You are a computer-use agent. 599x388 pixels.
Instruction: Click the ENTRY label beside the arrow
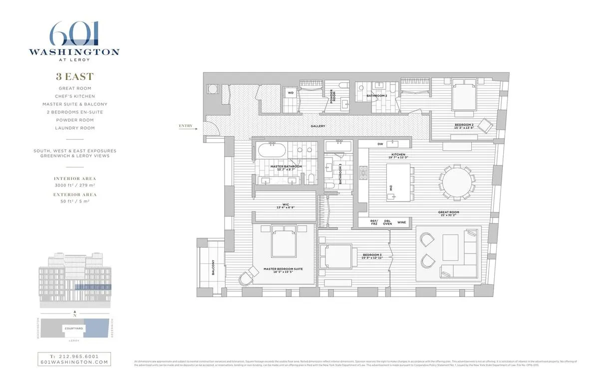click(x=185, y=126)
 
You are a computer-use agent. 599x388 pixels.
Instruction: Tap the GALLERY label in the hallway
click(x=317, y=126)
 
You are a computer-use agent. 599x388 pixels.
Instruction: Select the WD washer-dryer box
click(x=290, y=92)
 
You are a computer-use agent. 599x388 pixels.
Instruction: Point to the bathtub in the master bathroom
click(x=272, y=150)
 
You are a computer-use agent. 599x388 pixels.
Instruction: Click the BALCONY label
click(x=213, y=268)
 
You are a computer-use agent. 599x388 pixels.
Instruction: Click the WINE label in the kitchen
click(x=401, y=221)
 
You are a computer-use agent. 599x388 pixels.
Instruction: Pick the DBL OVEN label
click(x=387, y=222)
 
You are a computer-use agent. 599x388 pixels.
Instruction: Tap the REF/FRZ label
click(x=374, y=222)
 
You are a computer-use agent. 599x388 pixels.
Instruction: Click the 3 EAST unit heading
click(x=74, y=77)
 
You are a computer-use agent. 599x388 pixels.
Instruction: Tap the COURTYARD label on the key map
click(x=74, y=328)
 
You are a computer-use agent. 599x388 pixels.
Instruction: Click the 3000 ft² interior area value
click(x=65, y=185)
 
